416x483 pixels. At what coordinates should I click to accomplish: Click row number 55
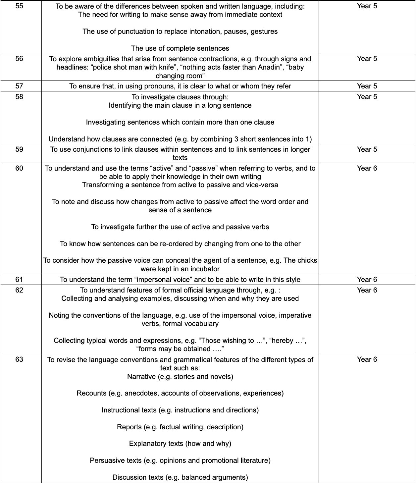point(20,6)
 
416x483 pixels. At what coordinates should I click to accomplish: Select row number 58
point(20,97)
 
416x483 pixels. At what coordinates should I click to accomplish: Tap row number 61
point(20,280)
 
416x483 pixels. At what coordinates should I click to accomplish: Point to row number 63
point(20,359)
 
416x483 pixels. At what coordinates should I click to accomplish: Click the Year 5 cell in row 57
point(367,86)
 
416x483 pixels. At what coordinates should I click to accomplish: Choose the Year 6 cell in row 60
point(367,168)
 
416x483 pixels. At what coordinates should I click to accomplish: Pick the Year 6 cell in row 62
point(367,290)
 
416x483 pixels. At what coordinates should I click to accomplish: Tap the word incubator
point(203,269)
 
